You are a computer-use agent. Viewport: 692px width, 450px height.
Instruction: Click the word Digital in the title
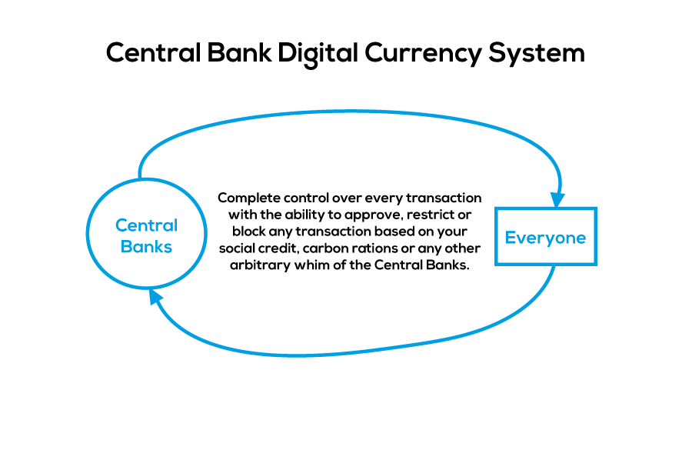coord(318,53)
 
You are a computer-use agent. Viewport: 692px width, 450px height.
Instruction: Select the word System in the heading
coord(537,55)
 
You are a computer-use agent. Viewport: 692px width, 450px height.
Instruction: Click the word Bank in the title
coord(239,52)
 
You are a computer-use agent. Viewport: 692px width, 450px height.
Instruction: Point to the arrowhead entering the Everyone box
coord(558,199)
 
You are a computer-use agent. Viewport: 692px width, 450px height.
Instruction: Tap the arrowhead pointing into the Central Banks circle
coord(155,295)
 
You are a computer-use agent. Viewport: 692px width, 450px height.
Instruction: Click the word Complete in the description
coord(249,198)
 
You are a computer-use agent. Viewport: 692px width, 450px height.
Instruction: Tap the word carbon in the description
coord(321,248)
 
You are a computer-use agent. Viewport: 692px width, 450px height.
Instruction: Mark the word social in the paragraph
coord(238,248)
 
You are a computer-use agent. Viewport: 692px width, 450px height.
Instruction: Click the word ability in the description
coord(304,215)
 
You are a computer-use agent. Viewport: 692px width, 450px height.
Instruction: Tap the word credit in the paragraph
coord(279,248)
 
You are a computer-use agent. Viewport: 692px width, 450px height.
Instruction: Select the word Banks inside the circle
coord(147,246)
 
